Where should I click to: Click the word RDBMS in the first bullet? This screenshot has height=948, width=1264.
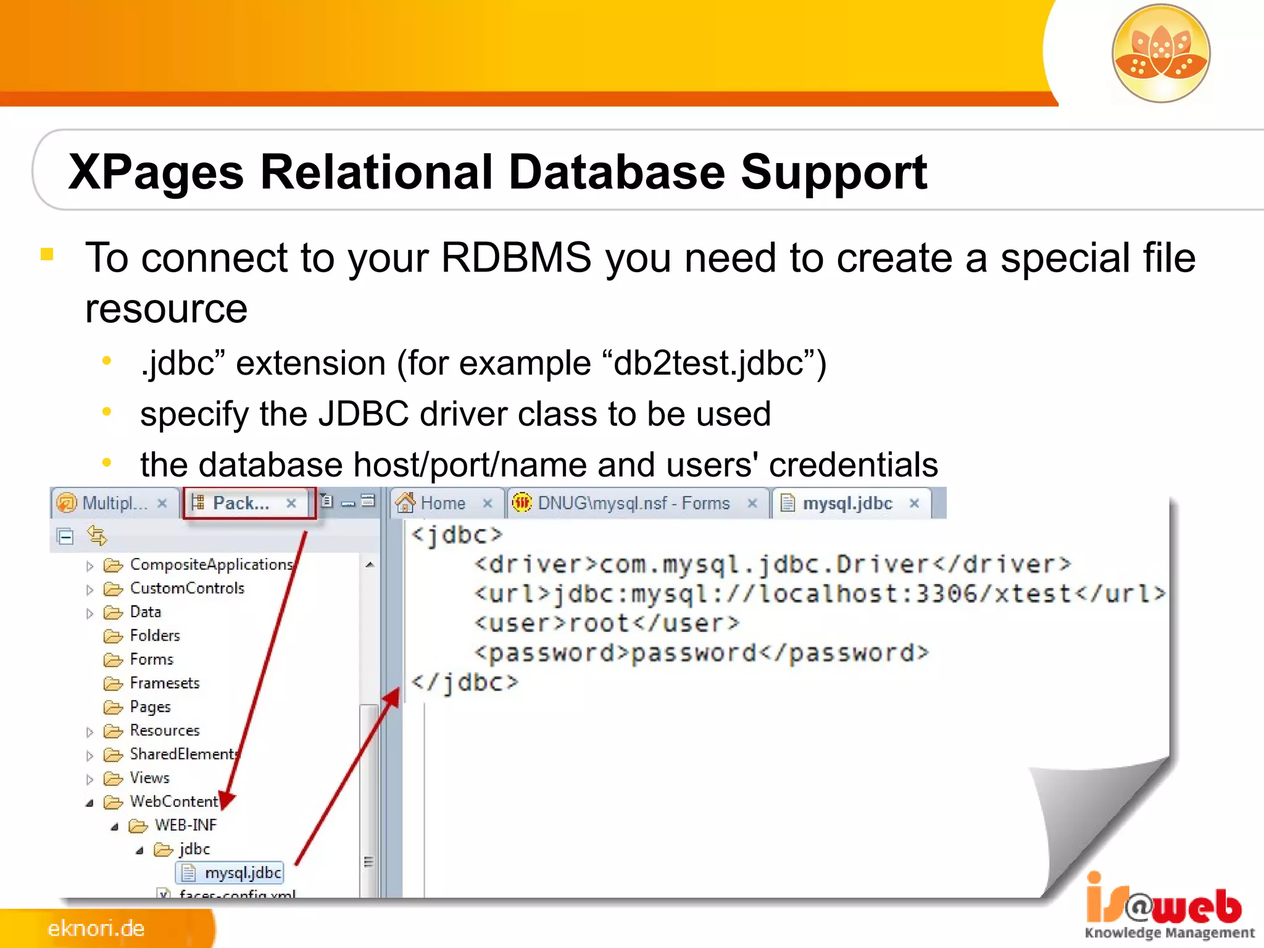tap(516, 258)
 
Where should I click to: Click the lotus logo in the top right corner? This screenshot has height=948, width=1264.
tap(1161, 53)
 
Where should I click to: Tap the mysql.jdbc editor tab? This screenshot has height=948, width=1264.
tap(847, 504)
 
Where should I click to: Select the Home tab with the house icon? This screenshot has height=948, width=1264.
tap(442, 504)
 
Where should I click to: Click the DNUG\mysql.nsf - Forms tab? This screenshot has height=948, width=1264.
tap(633, 504)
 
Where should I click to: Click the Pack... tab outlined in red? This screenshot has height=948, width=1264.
tap(241, 504)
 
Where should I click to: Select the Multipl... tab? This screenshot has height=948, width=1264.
tap(114, 504)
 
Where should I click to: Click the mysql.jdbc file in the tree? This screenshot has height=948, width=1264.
tap(243, 873)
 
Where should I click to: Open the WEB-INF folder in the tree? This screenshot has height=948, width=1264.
tap(185, 825)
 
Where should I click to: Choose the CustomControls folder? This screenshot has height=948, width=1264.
tap(186, 588)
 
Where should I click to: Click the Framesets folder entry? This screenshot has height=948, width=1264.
tap(164, 683)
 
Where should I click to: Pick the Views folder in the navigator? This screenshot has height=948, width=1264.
tap(149, 778)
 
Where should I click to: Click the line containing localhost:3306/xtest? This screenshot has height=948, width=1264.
tap(820, 594)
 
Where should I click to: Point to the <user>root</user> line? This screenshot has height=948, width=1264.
tap(607, 623)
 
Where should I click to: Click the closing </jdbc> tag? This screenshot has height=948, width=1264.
tap(465, 683)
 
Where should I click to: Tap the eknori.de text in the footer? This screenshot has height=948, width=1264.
tap(96, 928)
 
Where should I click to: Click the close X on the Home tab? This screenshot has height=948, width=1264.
tap(488, 504)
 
